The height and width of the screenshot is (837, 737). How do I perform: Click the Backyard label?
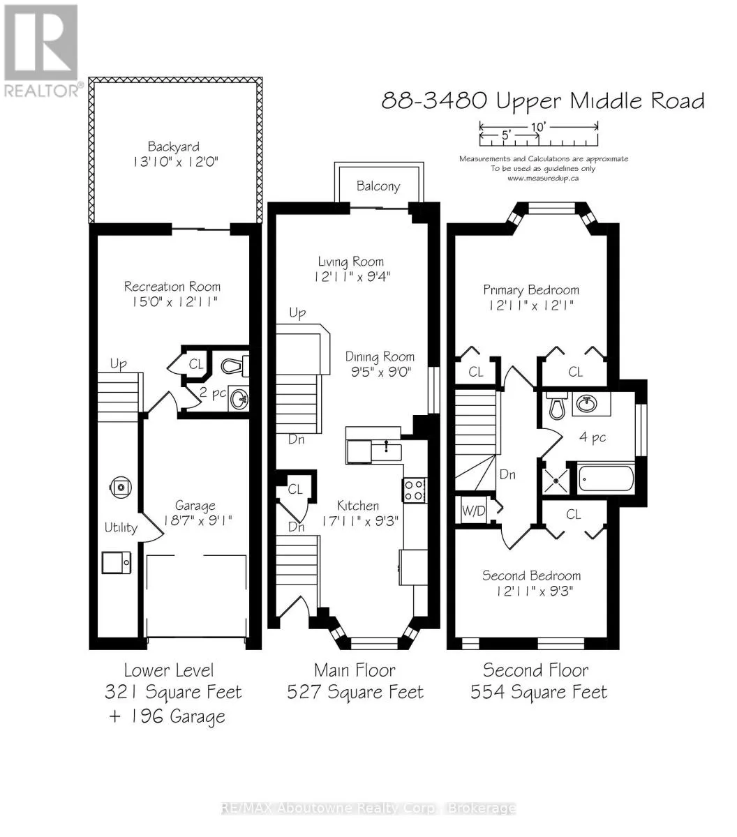pos(174,146)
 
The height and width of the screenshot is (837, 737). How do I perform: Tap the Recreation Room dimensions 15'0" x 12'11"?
pos(174,302)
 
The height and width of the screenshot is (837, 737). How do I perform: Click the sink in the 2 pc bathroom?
pos(239,400)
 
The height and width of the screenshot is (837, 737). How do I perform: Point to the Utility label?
pos(121,527)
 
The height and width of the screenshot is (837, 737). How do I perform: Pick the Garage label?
pos(195,505)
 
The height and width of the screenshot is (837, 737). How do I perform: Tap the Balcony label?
pos(378,186)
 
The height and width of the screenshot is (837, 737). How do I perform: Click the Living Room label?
pos(350,262)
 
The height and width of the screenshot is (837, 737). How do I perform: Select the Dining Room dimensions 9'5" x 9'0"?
pos(381,372)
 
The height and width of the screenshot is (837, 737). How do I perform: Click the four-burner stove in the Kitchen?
pos(414,490)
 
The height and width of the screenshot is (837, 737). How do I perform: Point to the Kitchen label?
pos(358,506)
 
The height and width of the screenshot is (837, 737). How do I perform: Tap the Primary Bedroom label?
pos(531,290)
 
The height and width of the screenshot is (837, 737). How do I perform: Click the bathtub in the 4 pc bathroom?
pos(606,478)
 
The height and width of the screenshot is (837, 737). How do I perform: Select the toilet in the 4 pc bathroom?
pos(557,405)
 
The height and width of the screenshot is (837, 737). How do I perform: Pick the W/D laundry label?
pos(474,511)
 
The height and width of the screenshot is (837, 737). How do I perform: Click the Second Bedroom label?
pos(532,575)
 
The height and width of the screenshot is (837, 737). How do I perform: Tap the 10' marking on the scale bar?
pos(538,126)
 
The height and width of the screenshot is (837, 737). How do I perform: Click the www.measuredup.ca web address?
pos(543,179)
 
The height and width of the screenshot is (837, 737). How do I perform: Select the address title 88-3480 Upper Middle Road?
pos(543,101)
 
